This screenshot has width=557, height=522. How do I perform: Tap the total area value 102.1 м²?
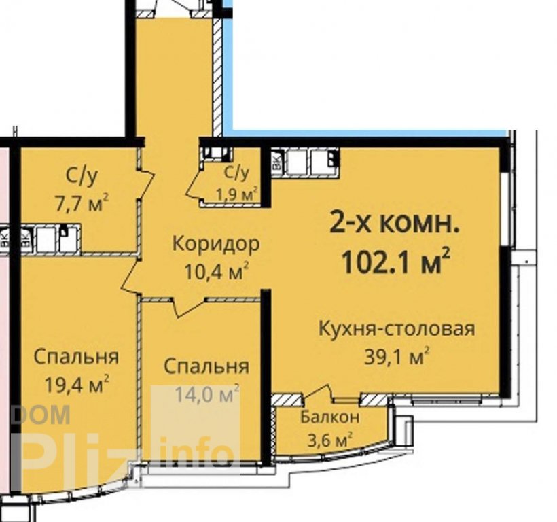pos(396,260)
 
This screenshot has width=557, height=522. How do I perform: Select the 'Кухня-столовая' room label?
pos(397,329)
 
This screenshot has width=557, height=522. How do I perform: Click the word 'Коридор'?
pos(216,244)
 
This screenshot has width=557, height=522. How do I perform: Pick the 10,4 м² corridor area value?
pos(216,271)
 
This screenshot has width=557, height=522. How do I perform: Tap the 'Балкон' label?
pos(330,417)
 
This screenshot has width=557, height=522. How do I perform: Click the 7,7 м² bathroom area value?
pos(82,203)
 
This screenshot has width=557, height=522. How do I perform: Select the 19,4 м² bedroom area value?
pos(77,383)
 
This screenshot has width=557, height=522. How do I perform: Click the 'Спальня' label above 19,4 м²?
pos(76,356)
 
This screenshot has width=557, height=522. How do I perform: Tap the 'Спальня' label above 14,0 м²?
pos(206,366)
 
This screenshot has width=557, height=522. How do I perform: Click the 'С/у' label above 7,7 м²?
pos(82,177)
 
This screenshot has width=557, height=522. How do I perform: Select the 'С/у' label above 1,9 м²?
pos(236,173)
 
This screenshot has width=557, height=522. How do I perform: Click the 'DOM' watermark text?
pos(41,415)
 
